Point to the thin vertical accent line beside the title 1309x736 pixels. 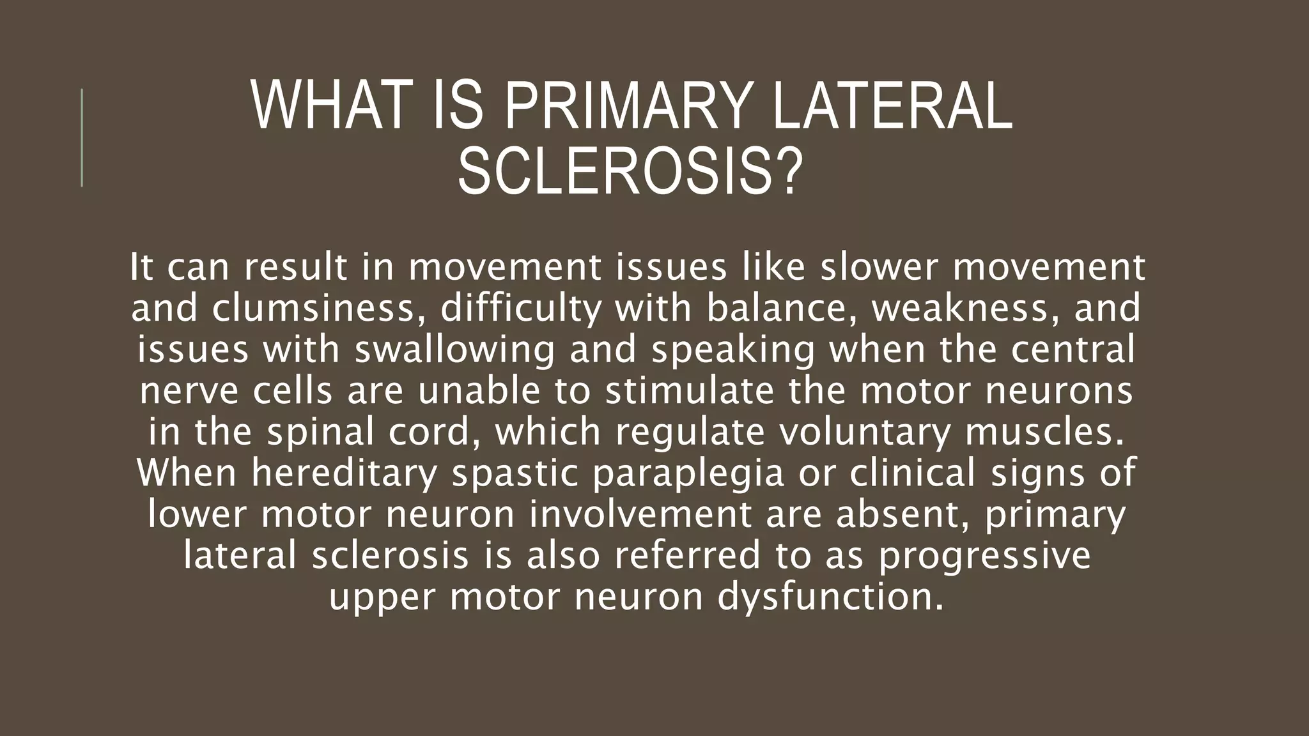[82, 137]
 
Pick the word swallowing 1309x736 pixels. [454, 350]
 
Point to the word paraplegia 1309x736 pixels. [688, 473]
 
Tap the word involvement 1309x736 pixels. [640, 514]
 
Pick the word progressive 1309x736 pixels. [984, 556]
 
